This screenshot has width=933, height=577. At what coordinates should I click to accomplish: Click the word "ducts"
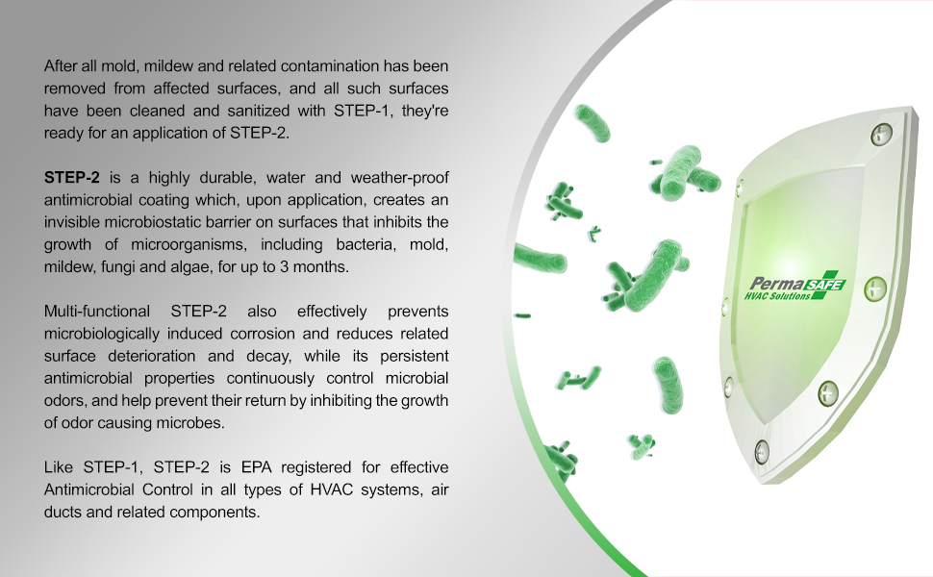tap(64, 512)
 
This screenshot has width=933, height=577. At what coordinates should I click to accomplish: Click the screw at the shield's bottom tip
tap(762, 449)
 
